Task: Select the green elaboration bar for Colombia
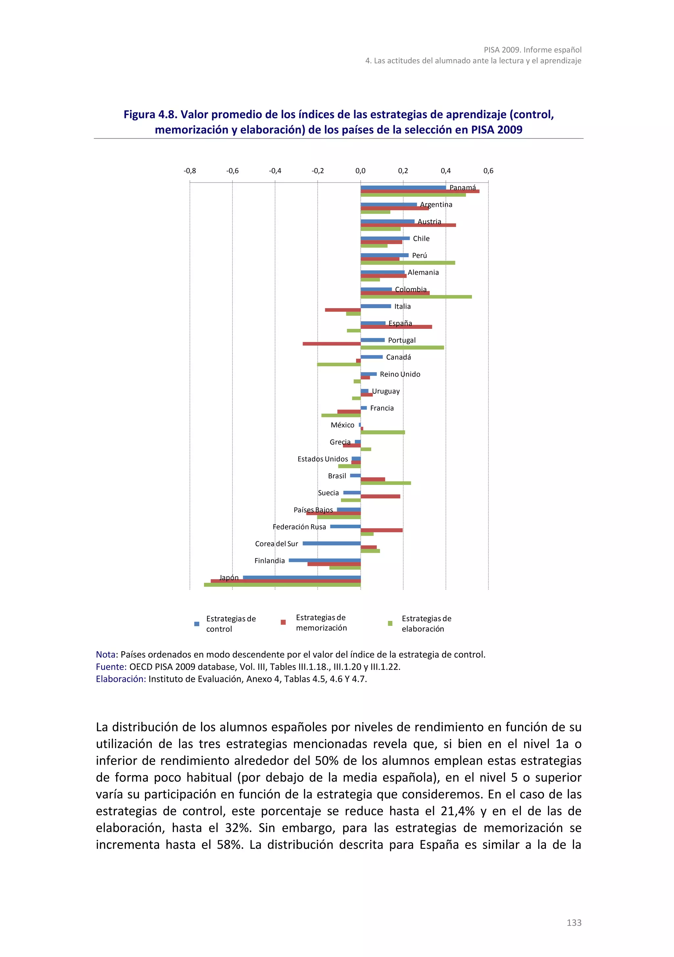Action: (416, 297)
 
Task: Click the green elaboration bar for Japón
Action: (282, 585)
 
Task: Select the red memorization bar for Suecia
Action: (380, 496)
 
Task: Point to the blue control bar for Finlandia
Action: (324, 560)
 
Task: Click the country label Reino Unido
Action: (400, 374)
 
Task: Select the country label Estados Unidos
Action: (323, 459)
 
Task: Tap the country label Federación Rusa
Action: (299, 527)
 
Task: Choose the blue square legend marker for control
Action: (197, 624)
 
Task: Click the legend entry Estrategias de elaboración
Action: (426, 624)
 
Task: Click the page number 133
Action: (574, 923)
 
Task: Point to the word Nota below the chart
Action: (106, 654)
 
